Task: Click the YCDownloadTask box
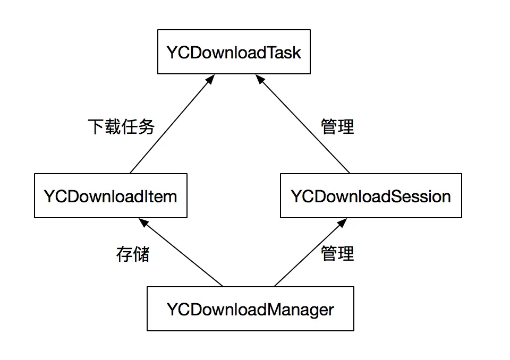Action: coord(234,52)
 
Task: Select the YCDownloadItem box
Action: coord(110,196)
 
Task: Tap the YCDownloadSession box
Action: coord(371,196)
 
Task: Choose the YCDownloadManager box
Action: coord(250,309)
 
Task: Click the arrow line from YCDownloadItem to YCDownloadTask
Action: coord(170,125)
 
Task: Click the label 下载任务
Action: coord(121,127)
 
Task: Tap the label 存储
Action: coord(133,254)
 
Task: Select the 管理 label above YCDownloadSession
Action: coord(337,127)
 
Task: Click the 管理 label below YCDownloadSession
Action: coord(337,253)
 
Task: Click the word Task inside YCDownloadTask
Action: coord(284,53)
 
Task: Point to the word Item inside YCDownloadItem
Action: coord(161,196)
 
